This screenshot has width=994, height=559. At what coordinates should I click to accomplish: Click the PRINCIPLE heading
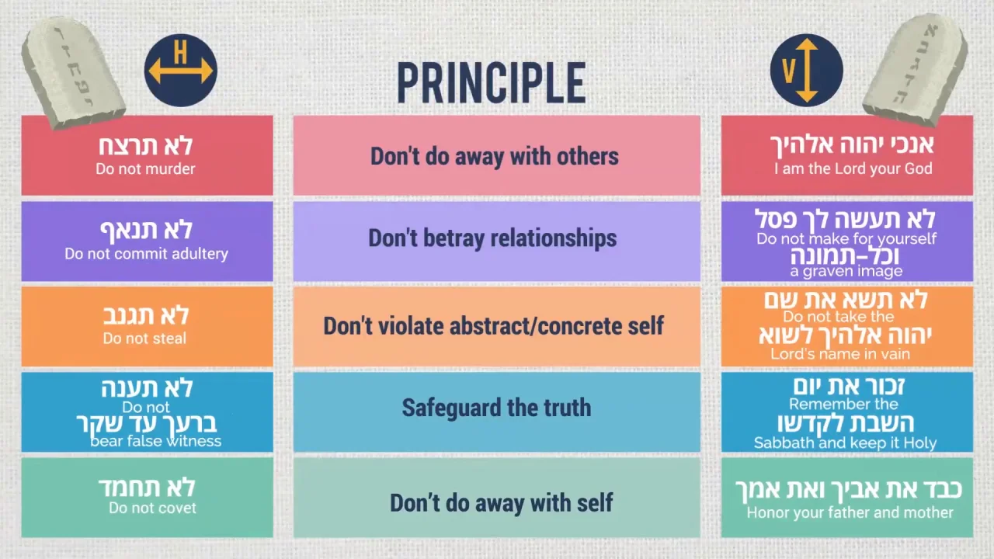pos(492,83)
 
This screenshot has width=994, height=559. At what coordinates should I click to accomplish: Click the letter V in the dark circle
pos(788,71)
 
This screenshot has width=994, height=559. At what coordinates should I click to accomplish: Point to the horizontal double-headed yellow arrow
pos(180,71)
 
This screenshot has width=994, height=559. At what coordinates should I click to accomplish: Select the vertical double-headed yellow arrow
pos(807,71)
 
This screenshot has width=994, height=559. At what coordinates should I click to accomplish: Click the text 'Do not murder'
pos(145,169)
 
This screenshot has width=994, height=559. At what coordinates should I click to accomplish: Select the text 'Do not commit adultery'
pos(147,254)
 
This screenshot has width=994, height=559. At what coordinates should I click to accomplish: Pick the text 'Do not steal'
pos(144,339)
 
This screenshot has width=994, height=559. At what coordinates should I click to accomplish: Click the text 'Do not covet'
pos(152,508)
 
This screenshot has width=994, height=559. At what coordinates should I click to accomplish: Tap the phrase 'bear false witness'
pos(155,442)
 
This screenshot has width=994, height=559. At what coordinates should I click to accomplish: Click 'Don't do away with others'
pos(495,156)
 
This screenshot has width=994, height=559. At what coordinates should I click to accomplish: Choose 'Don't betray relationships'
pos(492,238)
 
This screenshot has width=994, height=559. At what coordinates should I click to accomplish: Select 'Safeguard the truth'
pos(496,408)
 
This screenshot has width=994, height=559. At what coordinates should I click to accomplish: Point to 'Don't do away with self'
pos(502,502)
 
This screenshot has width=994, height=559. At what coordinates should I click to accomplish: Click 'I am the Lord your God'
pos(853,168)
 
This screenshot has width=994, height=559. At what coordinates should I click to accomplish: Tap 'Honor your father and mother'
pos(850,513)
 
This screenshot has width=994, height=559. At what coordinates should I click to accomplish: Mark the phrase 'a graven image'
pos(846,271)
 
